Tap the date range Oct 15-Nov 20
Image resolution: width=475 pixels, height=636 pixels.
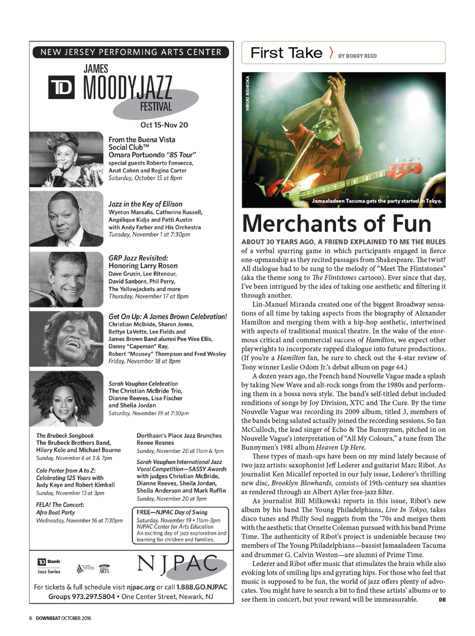[x=164, y=125]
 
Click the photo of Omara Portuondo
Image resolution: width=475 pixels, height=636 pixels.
[x=67, y=159]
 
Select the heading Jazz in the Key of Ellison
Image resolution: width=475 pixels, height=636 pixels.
[x=145, y=204]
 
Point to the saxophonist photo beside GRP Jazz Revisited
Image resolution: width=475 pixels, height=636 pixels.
[x=67, y=279]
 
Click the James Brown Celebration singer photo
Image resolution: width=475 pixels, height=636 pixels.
[x=67, y=339]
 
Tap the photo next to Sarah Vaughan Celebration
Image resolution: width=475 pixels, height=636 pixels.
[x=67, y=398]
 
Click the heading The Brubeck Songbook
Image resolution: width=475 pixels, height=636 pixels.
[x=65, y=436]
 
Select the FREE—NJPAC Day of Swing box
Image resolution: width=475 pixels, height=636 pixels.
[x=180, y=525]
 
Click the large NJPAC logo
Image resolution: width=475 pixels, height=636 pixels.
[x=178, y=565]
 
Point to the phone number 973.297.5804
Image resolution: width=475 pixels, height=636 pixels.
[x=93, y=596]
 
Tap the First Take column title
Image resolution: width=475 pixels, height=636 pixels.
[x=286, y=53]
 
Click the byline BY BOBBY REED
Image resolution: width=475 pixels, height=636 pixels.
[x=357, y=56]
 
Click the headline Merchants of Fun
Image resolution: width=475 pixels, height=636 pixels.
[x=336, y=223]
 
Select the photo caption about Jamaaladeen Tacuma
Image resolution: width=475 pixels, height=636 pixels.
[x=376, y=201]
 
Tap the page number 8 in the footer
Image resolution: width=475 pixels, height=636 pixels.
[x=31, y=618]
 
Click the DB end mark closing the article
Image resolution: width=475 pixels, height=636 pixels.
[x=442, y=600]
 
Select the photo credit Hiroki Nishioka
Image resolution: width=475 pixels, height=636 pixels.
[x=247, y=93]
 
